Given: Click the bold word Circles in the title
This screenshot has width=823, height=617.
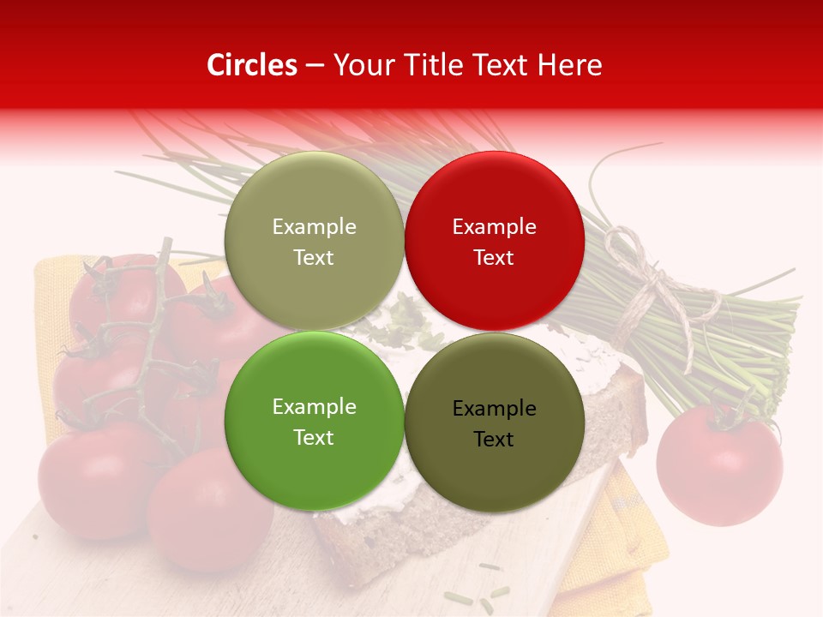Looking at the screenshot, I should point(251,65).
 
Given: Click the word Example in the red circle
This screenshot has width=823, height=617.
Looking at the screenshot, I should point(494,227).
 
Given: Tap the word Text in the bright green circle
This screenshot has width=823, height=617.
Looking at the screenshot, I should point(314,437).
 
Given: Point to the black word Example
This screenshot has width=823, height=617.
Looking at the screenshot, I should point(494,409).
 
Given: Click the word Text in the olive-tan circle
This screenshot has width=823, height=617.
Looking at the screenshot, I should point(314,257).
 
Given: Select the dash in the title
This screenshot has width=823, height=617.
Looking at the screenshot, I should point(314,66).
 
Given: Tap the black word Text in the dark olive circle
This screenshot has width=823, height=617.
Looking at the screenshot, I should point(494,440).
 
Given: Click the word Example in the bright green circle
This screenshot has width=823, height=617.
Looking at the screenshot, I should point(314,407).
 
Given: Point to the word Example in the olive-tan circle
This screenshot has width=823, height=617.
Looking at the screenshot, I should point(314,227).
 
